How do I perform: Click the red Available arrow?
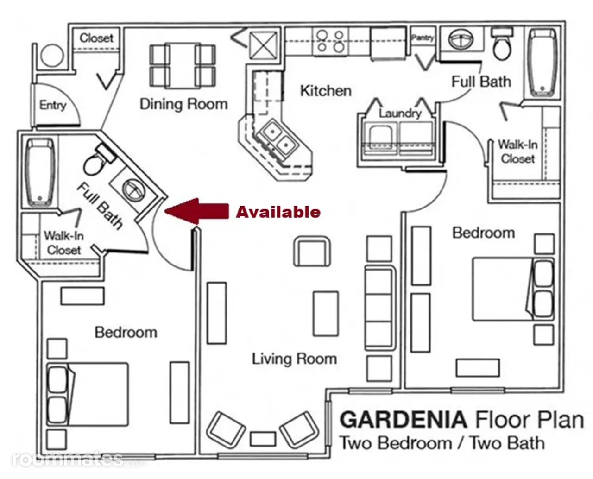196,211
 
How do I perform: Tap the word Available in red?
278,212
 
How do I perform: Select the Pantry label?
423,38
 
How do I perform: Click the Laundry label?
400,113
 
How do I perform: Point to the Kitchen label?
326,91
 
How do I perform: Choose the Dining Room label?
184,104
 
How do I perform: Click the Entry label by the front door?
53,105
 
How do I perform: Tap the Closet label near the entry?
96,38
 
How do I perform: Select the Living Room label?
294,359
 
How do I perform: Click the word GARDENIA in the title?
403,420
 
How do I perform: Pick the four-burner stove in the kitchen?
331,42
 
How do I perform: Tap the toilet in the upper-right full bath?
502,44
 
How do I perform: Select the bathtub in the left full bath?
40,173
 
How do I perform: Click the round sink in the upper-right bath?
461,39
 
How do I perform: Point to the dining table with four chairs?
183,66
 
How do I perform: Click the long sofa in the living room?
380,308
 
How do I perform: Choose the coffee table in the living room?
326,314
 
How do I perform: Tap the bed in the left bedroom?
88,394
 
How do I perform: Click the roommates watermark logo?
68,459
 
